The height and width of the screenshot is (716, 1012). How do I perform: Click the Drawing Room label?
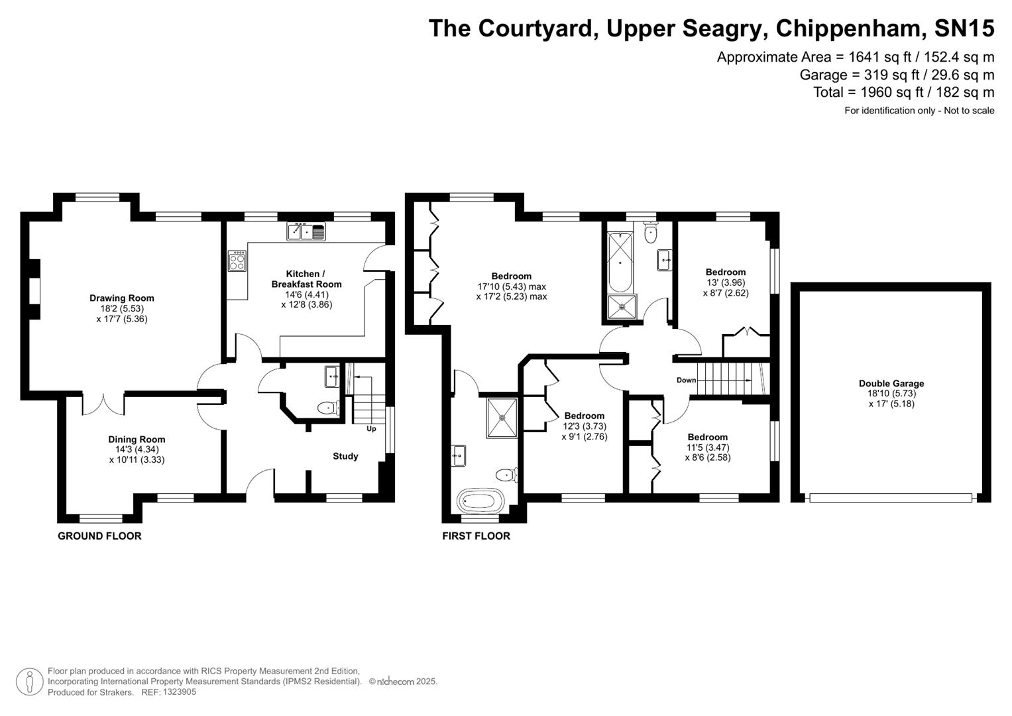(x=122, y=298)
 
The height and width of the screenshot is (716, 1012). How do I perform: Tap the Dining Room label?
(x=137, y=440)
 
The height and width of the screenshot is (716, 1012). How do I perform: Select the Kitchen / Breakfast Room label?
(x=306, y=279)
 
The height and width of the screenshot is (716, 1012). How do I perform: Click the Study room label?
(x=345, y=456)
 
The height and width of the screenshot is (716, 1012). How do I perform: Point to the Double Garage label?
(x=891, y=383)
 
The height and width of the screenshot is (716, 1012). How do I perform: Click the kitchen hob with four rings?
(x=237, y=261)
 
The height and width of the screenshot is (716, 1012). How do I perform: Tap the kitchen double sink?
(x=306, y=232)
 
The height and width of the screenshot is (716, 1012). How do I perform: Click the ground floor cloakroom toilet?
(x=327, y=408)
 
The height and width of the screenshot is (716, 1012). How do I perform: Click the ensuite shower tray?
(x=502, y=418)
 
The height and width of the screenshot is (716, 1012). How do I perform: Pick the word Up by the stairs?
(x=371, y=429)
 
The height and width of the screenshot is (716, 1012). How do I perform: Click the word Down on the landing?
(x=687, y=381)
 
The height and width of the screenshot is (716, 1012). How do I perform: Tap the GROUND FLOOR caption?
(x=99, y=536)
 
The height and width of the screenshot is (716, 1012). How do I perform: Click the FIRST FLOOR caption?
(x=476, y=536)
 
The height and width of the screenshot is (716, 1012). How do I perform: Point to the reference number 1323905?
(x=178, y=692)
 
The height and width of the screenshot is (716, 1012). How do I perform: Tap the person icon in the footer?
(x=30, y=682)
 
